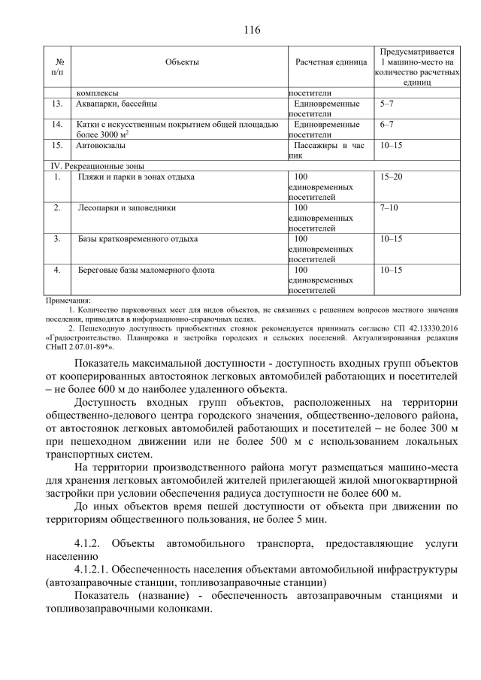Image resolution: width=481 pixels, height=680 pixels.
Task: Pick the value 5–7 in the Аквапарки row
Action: coord(388,104)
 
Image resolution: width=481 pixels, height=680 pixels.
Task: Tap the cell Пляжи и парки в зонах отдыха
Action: coord(136,177)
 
